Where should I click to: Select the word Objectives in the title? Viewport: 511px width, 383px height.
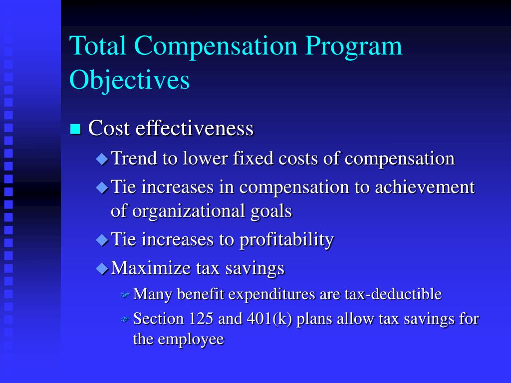129,80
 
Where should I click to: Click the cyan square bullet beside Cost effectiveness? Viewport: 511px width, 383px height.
75,130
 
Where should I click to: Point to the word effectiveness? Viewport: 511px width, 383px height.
195,128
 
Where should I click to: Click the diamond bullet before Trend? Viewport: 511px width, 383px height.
102,160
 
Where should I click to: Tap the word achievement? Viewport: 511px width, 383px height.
425,188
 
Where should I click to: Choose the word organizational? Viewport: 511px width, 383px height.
188,211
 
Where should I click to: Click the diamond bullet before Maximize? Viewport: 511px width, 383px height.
102,269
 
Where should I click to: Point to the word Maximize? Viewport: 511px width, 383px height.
149,268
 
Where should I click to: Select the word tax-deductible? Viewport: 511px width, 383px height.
393,294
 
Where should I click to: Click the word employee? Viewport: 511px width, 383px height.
191,340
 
